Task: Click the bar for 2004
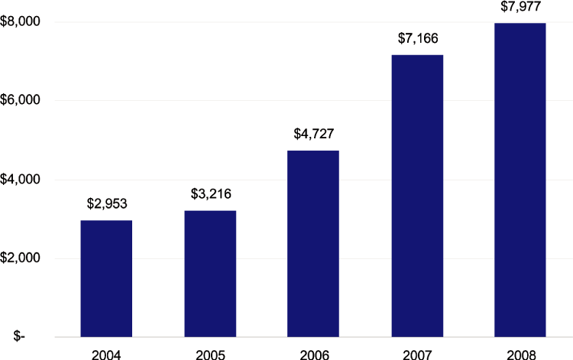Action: point(106,278)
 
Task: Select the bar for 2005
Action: point(210,274)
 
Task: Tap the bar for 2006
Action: point(313,244)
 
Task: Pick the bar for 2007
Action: point(417,196)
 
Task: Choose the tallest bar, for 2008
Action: point(520,180)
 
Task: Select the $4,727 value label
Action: point(313,135)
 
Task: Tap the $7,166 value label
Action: point(417,38)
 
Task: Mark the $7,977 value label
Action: point(520,8)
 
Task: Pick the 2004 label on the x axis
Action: point(106,354)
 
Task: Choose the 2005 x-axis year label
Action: point(210,354)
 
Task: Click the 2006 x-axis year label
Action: point(313,354)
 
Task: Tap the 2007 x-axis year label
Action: point(417,354)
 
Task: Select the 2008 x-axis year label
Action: point(520,354)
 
